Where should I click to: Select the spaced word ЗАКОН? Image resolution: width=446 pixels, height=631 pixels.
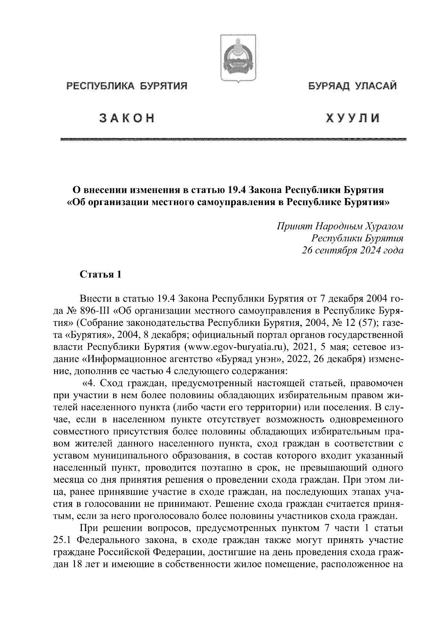click(x=126, y=118)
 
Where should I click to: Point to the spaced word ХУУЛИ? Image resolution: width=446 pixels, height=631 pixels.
click(x=353, y=118)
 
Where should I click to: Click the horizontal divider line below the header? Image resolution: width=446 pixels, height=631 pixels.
click(x=233, y=139)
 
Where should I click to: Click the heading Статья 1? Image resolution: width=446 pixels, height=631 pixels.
click(x=100, y=275)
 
